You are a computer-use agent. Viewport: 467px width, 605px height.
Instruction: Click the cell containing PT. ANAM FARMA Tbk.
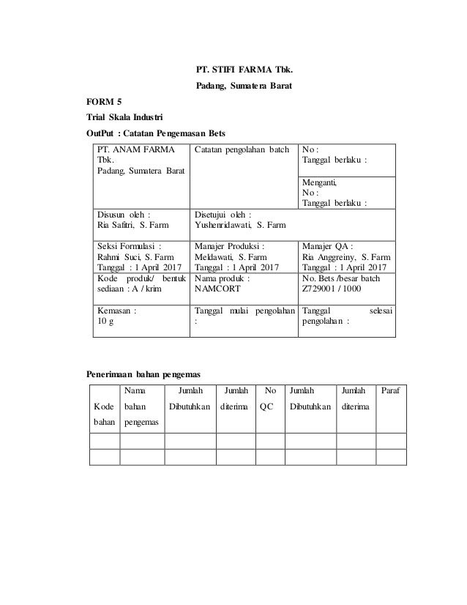point(139,160)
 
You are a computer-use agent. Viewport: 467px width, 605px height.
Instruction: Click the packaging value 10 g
point(107,320)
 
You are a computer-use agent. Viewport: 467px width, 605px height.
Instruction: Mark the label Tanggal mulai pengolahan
point(244,310)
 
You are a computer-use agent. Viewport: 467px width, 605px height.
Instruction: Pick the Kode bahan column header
point(103,412)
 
